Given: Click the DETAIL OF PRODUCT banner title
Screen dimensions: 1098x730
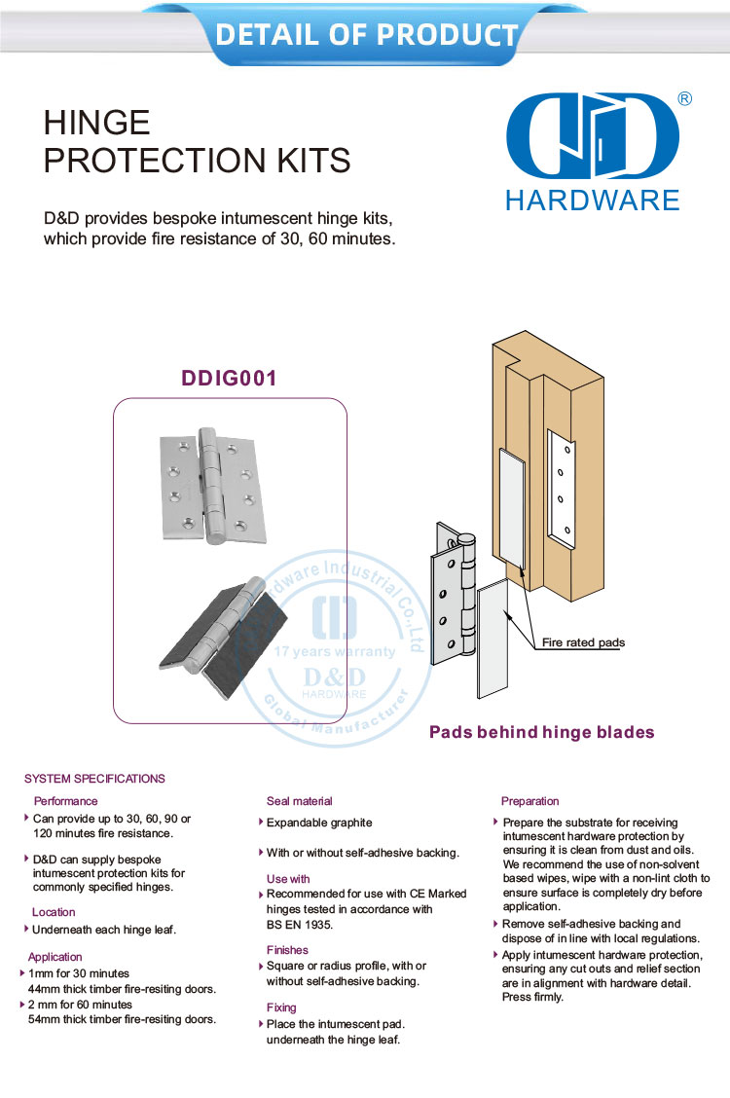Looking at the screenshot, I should point(366,35).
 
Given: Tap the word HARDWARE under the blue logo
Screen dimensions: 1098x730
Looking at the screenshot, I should point(593,201).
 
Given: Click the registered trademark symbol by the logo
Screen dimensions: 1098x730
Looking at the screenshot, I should point(684,98).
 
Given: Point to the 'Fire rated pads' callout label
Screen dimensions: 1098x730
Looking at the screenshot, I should point(583,642).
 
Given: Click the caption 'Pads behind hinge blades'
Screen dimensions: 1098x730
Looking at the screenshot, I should point(542,733).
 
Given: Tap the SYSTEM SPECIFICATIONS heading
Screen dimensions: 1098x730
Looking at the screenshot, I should point(94,779).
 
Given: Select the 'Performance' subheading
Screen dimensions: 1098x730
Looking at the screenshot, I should point(66,801).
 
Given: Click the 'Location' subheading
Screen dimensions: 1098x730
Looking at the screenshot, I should point(54,912).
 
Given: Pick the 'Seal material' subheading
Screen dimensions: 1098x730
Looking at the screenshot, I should point(299,801).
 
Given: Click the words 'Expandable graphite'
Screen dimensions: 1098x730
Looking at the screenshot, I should point(319,823).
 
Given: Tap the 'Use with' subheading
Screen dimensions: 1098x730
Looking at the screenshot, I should point(288,879).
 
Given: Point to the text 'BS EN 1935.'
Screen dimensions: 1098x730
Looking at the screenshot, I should point(300,924).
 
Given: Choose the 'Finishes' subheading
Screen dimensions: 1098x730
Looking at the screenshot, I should point(287,950).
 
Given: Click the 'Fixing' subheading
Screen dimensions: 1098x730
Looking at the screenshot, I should point(281,1007).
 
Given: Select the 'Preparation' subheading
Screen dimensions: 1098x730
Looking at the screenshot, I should point(529,801).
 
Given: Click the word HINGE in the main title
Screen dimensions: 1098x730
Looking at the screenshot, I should point(97,123).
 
